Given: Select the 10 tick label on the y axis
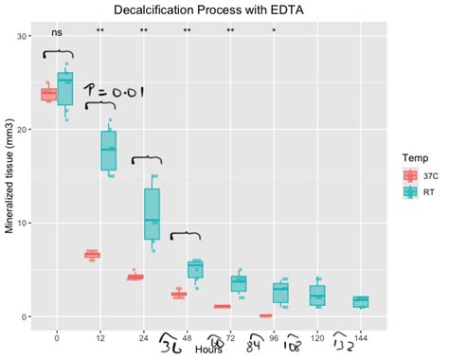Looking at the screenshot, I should tap(23, 224).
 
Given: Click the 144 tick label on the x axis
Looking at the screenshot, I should tap(361, 336).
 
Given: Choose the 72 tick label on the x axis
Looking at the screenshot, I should tap(230, 336).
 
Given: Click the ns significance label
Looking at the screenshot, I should tap(57, 32).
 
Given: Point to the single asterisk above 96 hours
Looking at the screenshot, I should tap(274, 32).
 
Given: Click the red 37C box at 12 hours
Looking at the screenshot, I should tap(92, 255).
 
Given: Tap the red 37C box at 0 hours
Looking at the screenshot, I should tap(49, 94).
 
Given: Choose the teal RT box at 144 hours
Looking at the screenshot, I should tap(361, 302).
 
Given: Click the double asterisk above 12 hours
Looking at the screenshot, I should tap(100, 32).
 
